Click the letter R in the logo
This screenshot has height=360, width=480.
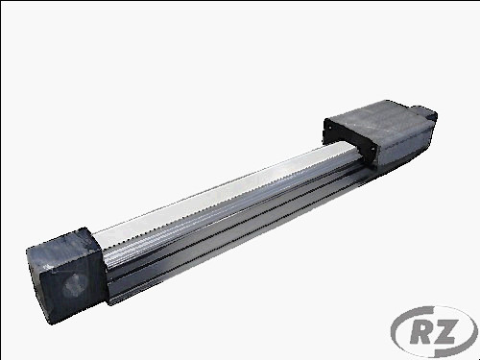point(420,332)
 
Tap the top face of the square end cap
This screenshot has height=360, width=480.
point(60,243)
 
